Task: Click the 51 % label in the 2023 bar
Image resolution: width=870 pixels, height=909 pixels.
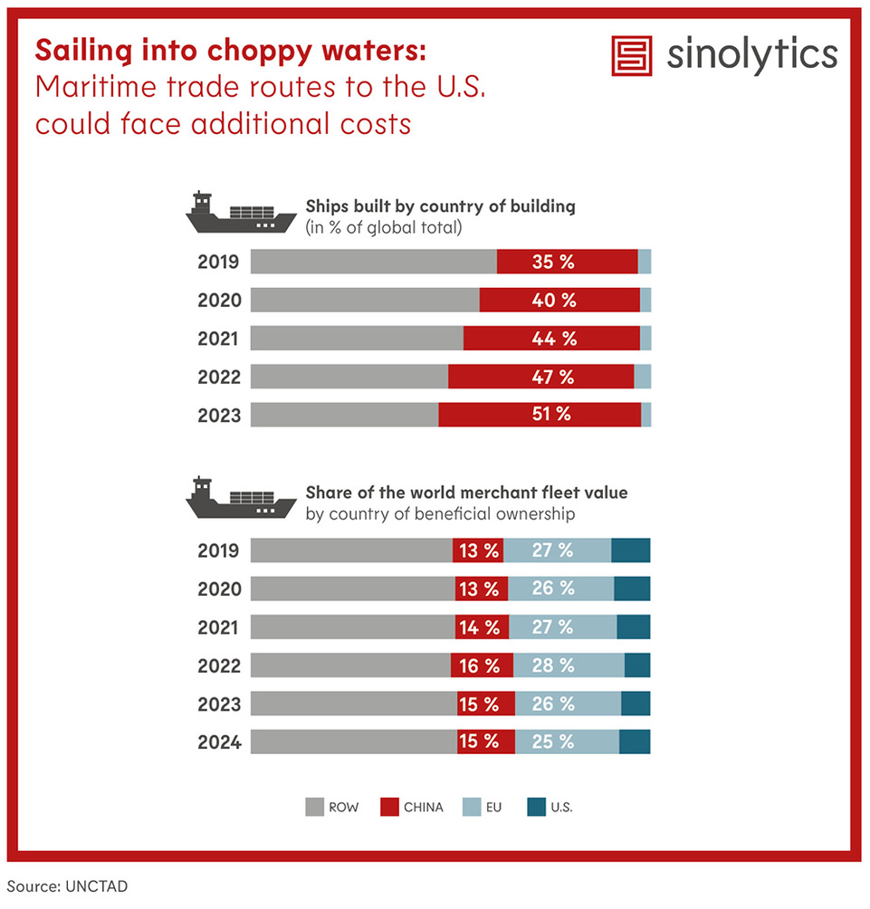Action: pos(550,415)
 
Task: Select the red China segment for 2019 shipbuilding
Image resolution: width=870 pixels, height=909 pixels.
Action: pos(567,262)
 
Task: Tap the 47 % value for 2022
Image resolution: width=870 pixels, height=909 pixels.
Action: pos(553,377)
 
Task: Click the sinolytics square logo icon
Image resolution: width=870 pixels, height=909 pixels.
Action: pos(632,56)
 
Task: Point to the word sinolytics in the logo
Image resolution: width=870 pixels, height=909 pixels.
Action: pos(752,55)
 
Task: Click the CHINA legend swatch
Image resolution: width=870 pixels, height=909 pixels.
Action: pos(389,807)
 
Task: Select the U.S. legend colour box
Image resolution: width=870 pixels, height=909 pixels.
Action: pos(535,807)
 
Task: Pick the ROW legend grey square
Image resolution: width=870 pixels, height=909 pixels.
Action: pos(314,807)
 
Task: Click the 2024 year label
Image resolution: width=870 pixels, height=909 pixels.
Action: pos(219,742)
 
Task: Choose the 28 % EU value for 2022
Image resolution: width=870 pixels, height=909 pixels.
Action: pos(553,665)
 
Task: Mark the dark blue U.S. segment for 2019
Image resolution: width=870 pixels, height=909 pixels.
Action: pos(630,550)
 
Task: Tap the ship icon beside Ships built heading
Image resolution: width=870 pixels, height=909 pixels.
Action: pos(240,213)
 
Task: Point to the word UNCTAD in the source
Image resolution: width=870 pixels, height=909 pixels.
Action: pos(97,885)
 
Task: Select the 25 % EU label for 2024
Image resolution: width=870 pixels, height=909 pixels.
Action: pos(553,742)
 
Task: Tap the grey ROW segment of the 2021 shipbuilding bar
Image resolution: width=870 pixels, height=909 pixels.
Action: pos(357,339)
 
